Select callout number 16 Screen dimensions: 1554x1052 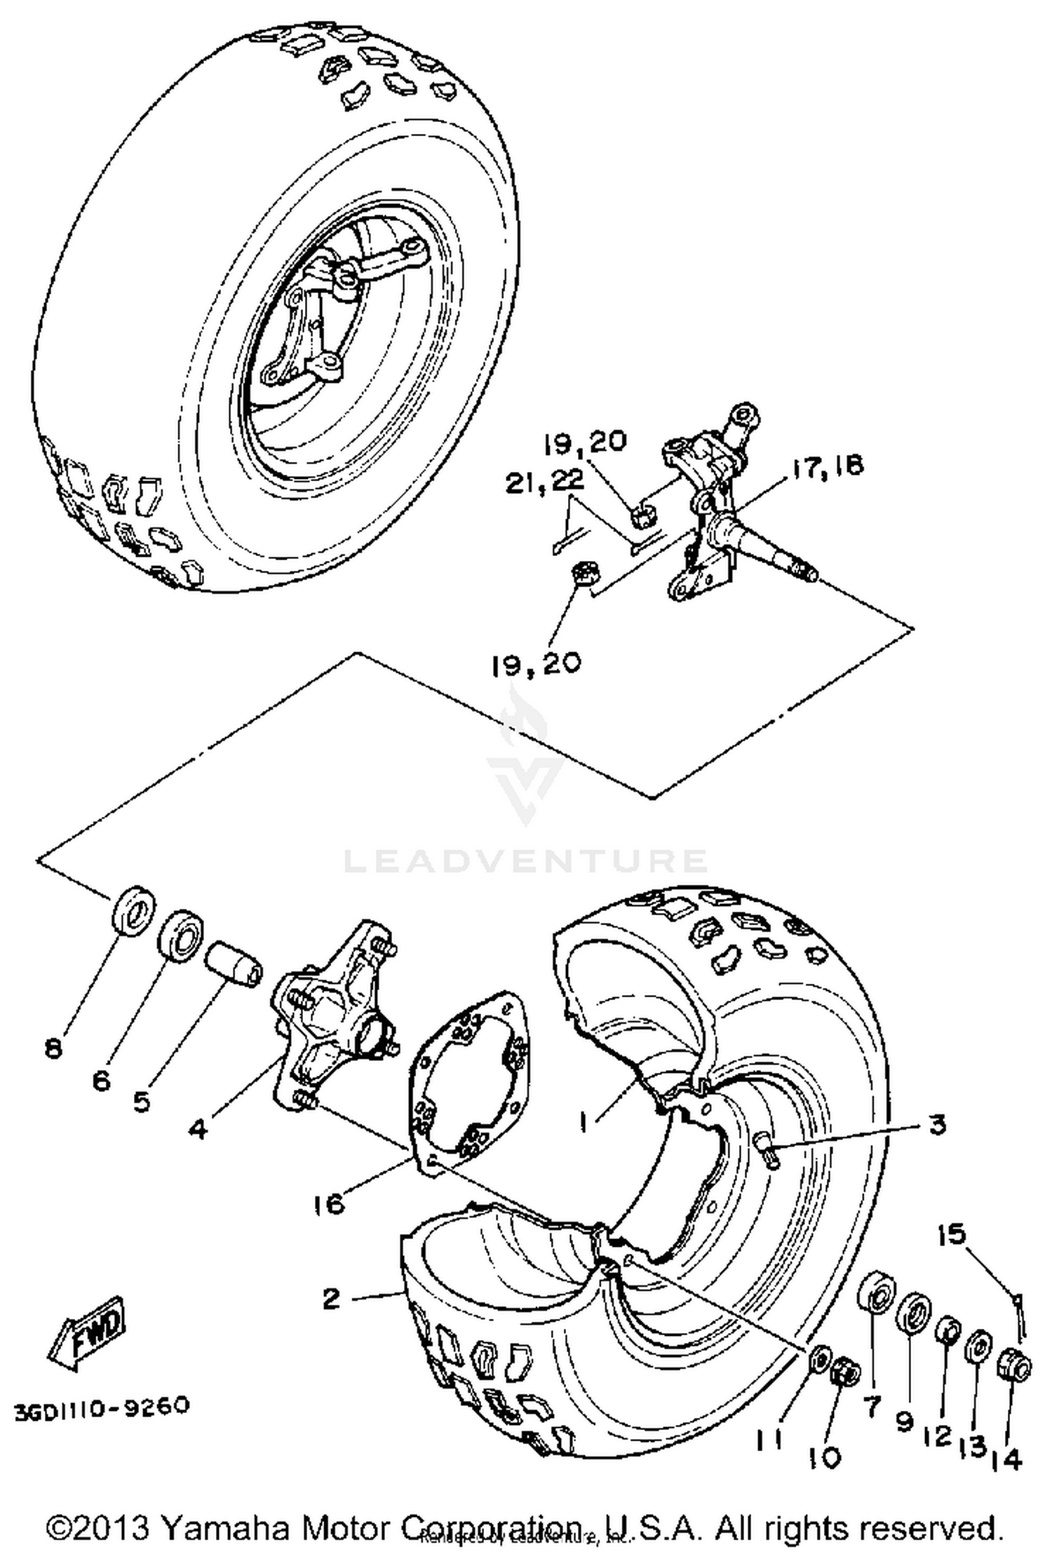pyautogui.click(x=330, y=1205)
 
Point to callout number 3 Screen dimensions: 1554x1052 pyautogui.click(x=938, y=1126)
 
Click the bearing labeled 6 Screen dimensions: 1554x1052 pyautogui.click(x=180, y=933)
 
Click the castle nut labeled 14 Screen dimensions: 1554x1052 pyautogui.click(x=1014, y=1368)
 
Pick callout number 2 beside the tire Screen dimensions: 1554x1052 pyautogui.click(x=332, y=1298)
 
